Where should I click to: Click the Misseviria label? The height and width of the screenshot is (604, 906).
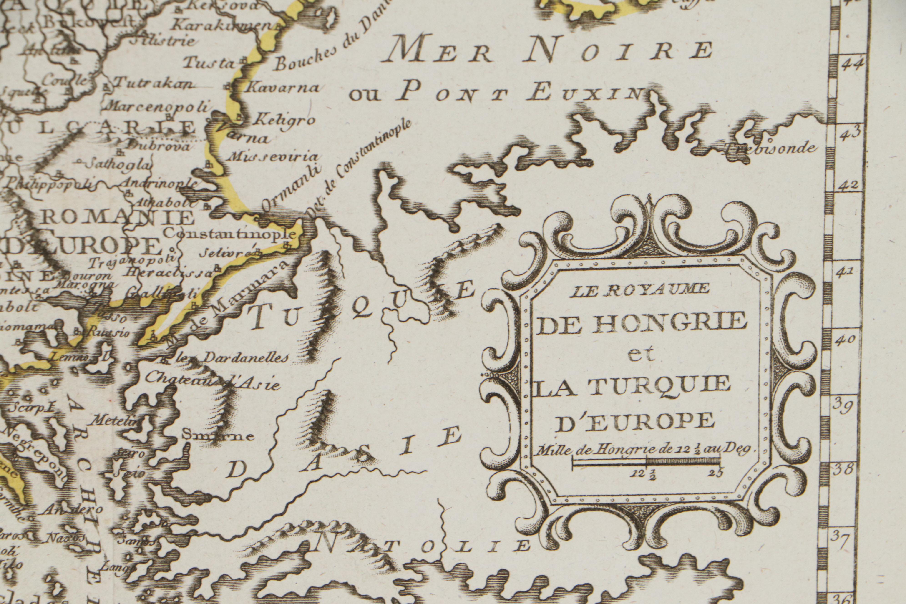coord(274,156)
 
